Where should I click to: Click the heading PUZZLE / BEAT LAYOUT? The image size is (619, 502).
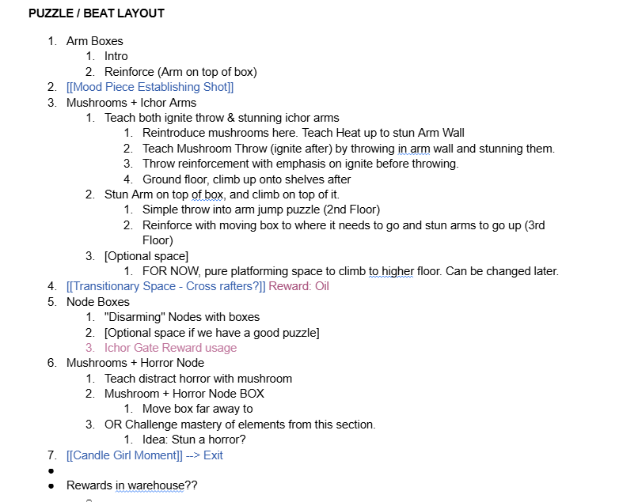[x=97, y=13]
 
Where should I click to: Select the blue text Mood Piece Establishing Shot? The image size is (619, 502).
[x=150, y=87]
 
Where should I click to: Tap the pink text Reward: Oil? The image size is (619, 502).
[x=298, y=286]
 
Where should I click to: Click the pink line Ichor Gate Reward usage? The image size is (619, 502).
[x=170, y=348]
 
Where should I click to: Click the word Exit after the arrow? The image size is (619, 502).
[x=213, y=455]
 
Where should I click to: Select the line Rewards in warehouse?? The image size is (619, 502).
[x=131, y=485]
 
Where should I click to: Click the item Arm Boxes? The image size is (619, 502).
[x=94, y=41]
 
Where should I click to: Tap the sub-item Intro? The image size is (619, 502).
[x=116, y=56]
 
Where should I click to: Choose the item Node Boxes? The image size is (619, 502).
[x=97, y=302]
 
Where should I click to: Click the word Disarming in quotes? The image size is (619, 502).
[x=139, y=317]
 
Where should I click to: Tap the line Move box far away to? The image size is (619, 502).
[x=197, y=409]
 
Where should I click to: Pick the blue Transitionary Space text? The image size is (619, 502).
[x=166, y=286]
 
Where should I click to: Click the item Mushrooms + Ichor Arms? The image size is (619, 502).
[x=131, y=103]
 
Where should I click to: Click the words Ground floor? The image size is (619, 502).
[x=175, y=179]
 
